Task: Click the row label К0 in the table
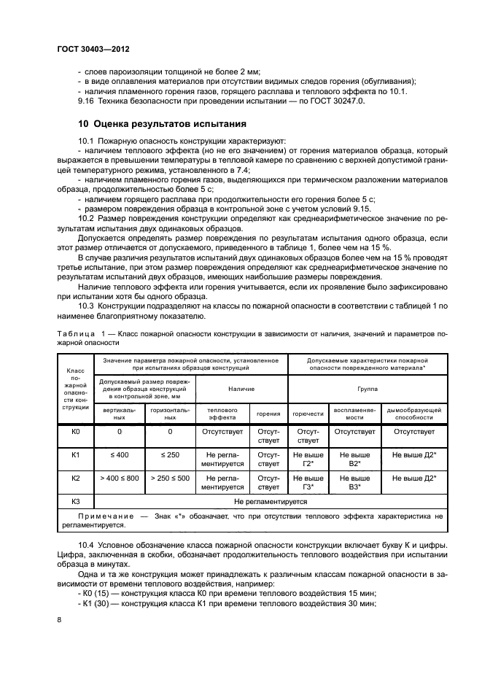(75, 432)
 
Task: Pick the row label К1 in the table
(75, 455)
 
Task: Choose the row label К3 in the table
(75, 502)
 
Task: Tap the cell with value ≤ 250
(170, 455)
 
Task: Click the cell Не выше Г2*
(308, 460)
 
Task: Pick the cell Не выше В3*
(354, 483)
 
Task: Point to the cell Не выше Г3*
(308, 483)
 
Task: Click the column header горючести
(308, 414)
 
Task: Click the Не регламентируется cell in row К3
(270, 502)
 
